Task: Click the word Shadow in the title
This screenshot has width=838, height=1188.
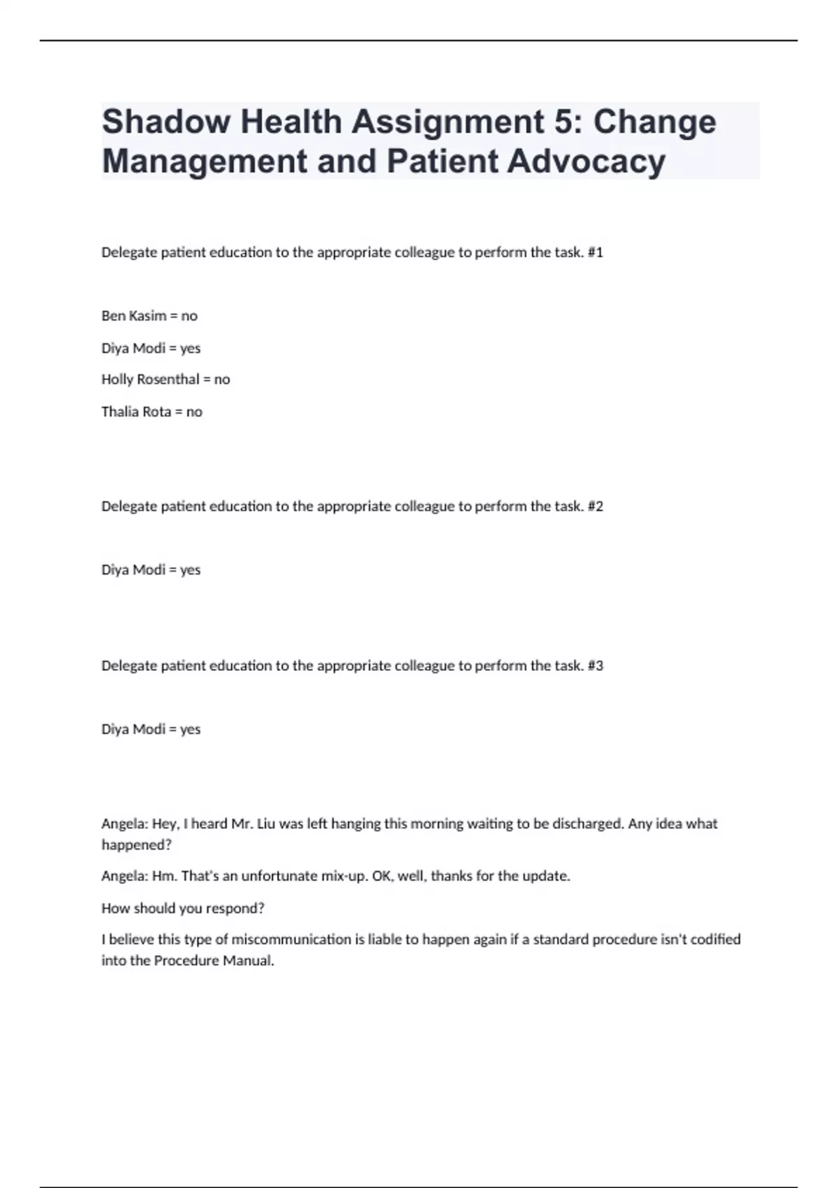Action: coord(166,122)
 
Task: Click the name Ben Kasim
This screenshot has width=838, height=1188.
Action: coord(133,316)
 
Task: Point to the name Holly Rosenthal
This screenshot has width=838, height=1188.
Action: coord(150,379)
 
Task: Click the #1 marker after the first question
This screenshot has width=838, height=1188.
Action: coord(595,252)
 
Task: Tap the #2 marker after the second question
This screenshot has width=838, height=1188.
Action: coord(595,506)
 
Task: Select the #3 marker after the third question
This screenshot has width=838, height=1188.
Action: coord(595,665)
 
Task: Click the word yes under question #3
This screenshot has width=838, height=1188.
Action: coord(190,729)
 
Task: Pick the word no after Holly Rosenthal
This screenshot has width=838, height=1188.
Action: coord(222,379)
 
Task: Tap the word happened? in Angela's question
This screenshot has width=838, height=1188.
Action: coord(136,844)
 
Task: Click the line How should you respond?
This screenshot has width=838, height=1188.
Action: coord(183,908)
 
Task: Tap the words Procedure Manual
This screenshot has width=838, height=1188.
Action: coord(214,960)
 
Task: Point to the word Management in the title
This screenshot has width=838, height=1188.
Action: coord(204,161)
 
